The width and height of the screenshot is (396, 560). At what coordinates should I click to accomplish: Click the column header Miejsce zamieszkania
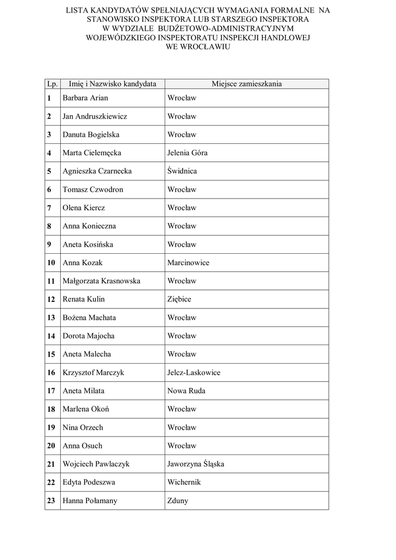pyautogui.click(x=247, y=84)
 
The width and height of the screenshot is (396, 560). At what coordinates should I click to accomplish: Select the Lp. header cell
pyautogui.click(x=53, y=84)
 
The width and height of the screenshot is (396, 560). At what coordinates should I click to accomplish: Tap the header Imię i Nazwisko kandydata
pyautogui.click(x=113, y=84)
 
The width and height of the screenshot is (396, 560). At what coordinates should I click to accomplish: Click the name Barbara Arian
pyautogui.click(x=85, y=98)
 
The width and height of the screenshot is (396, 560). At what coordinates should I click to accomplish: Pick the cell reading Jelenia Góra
pyautogui.click(x=188, y=153)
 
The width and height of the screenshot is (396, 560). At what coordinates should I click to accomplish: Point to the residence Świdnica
pyautogui.click(x=182, y=171)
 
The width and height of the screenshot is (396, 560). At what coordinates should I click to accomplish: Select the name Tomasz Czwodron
pyautogui.click(x=93, y=190)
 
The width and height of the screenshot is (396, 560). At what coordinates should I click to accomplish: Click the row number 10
pyautogui.click(x=51, y=263)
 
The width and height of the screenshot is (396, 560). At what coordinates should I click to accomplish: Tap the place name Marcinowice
pyautogui.click(x=188, y=263)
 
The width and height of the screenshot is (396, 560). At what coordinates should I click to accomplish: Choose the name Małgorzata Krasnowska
pyautogui.click(x=102, y=281)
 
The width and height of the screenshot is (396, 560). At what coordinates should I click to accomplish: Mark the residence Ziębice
pyautogui.click(x=179, y=300)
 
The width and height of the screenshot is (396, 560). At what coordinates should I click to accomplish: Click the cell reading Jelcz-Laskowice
pyautogui.click(x=194, y=372)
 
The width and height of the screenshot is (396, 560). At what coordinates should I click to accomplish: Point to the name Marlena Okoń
pyautogui.click(x=87, y=409)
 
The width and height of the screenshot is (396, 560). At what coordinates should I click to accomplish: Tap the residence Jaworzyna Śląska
pyautogui.click(x=196, y=464)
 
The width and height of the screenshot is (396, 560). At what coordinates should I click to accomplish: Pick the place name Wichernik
pyautogui.click(x=184, y=482)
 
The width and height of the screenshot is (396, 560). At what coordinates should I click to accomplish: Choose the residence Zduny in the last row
pyautogui.click(x=178, y=501)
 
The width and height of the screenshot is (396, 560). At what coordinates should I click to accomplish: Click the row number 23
pyautogui.click(x=51, y=501)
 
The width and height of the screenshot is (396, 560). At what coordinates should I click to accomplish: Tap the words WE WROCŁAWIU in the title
pyautogui.click(x=197, y=47)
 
